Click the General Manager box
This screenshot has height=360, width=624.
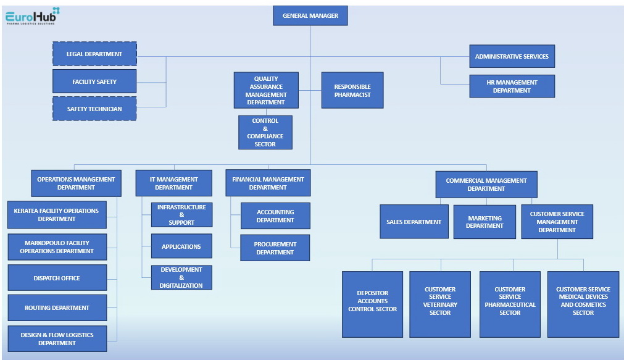click(310, 15)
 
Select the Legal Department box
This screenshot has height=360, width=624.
click(94, 54)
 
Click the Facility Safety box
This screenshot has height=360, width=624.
click(94, 82)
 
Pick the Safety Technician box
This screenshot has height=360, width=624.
click(94, 109)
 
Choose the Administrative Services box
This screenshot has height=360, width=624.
click(512, 56)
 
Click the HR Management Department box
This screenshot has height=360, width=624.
click(512, 86)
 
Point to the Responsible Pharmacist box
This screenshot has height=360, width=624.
click(352, 90)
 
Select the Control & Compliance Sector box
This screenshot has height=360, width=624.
click(265, 132)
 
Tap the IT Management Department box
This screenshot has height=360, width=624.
click(173, 183)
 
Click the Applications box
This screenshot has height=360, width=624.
click(181, 246)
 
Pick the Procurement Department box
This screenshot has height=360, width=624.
click(275, 248)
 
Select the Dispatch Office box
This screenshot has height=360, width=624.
click(57, 278)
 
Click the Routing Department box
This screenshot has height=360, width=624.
click(57, 308)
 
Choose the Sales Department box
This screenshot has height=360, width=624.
click(414, 222)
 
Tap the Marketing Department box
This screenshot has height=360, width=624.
click(485, 222)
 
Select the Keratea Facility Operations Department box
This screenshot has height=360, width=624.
click(57, 215)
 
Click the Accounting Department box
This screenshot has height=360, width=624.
click(275, 216)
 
